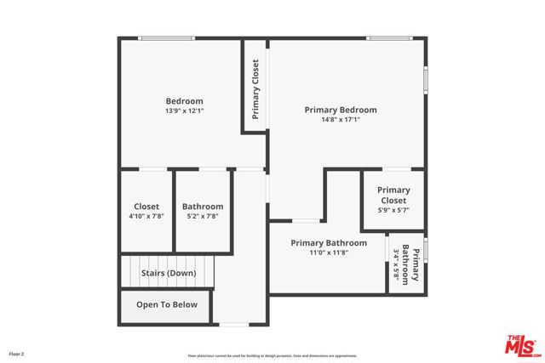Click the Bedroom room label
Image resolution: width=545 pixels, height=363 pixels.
(184, 101)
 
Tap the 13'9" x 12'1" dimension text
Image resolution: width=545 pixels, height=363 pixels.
(184, 111)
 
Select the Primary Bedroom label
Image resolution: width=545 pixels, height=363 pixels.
(341, 110)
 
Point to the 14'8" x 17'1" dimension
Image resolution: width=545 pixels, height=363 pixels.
(341, 120)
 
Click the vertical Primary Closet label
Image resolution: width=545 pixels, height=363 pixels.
(255, 89)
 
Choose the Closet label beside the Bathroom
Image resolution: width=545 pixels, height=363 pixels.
(146, 207)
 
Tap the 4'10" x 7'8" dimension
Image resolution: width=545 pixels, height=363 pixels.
(146, 216)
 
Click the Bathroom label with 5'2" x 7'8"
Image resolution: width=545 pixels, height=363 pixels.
(203, 207)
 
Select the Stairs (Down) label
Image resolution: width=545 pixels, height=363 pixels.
(169, 273)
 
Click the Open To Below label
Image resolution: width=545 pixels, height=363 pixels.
(167, 304)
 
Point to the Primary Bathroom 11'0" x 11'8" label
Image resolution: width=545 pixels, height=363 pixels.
(329, 243)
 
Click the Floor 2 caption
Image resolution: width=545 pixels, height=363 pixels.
(17, 353)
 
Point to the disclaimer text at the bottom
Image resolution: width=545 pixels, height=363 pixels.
(272, 355)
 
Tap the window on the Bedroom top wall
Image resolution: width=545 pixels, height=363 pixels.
(166, 37)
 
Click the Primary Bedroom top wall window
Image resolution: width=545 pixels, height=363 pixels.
(389, 37)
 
